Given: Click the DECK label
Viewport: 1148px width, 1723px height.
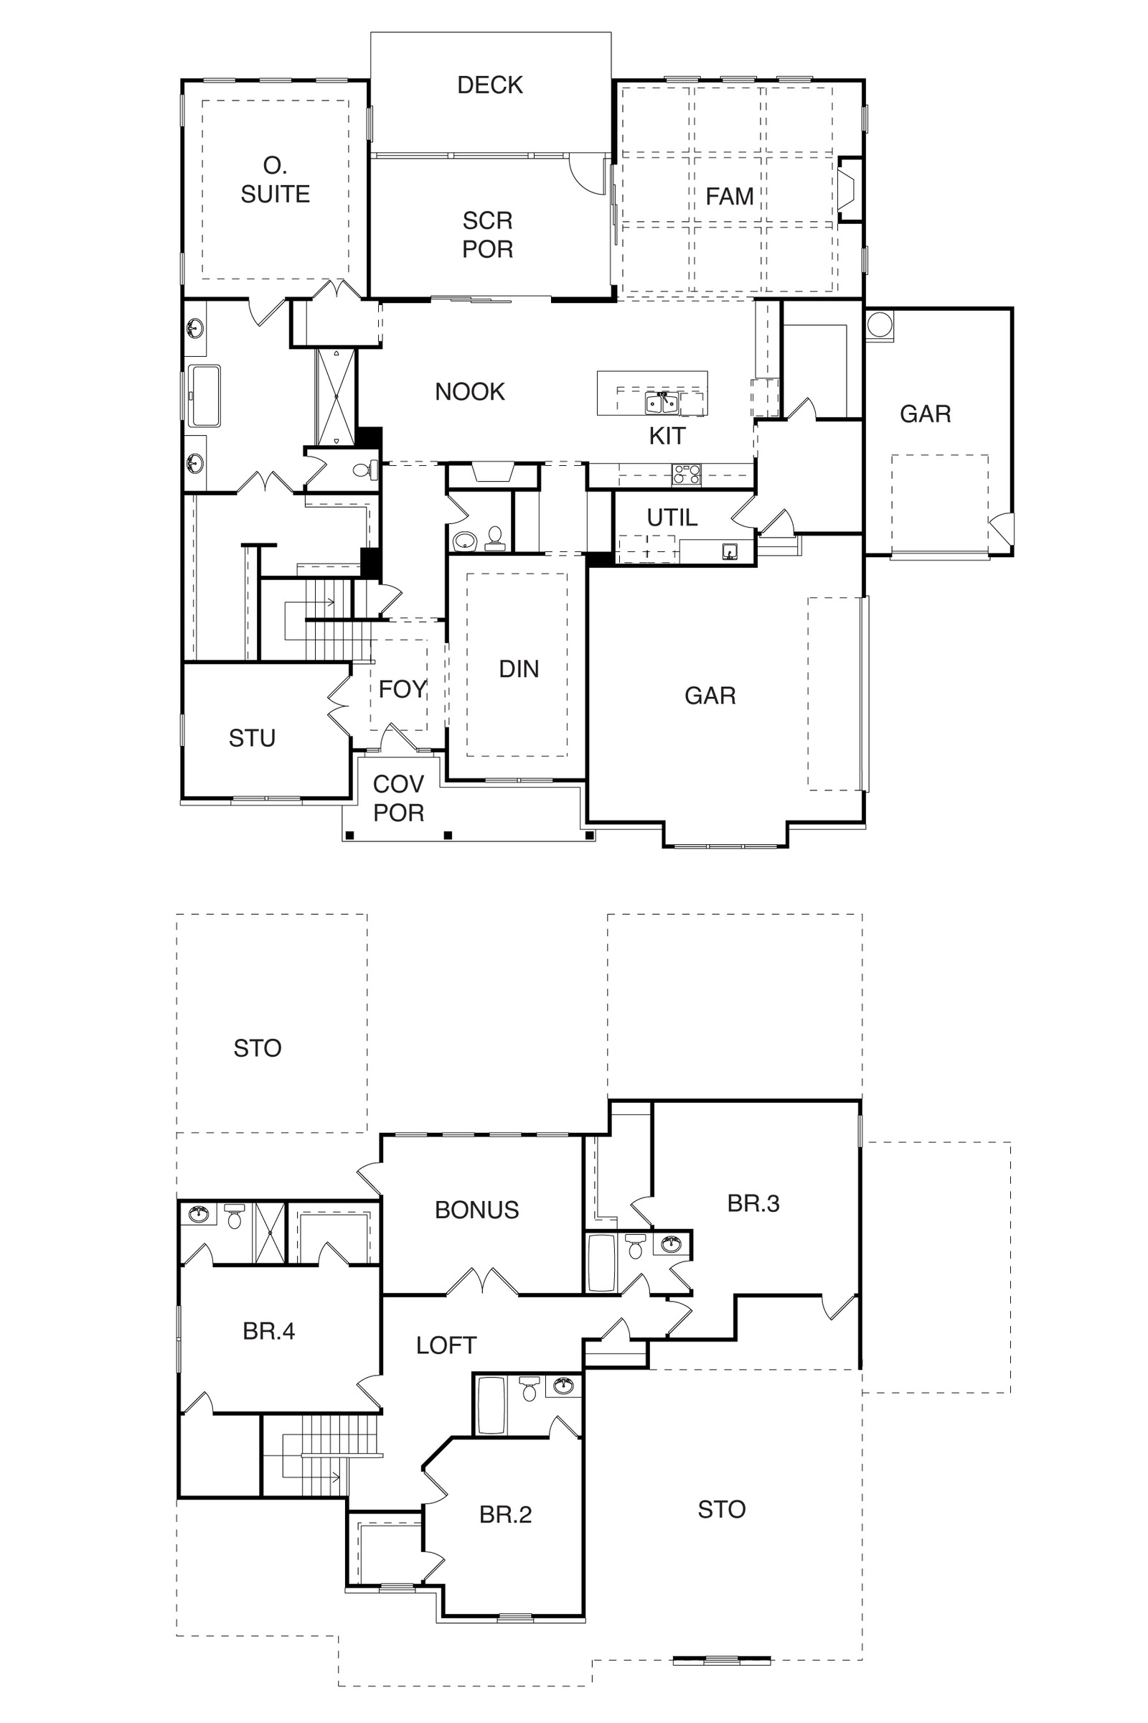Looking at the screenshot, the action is pos(490,85).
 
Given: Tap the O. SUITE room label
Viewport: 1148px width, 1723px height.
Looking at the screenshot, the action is pos(276,180).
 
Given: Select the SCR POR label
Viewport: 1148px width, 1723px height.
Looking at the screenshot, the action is pos(488,235).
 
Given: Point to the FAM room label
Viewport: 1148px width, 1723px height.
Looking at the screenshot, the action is pos(729,196).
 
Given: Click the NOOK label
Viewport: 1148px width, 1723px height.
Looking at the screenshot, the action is pos(470,392).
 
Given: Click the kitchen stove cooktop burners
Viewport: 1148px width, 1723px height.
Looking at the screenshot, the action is pos(687,474).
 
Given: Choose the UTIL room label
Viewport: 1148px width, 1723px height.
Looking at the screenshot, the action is pos(672,518).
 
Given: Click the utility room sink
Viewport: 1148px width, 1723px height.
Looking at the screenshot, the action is pos(729,551).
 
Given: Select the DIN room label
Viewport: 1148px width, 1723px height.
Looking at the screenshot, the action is pos(519,669).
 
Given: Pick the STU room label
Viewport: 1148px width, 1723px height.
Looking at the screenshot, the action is pos(252,739).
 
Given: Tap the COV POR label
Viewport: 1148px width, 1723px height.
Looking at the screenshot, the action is pos(398,798).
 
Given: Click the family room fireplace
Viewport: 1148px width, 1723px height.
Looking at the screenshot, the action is pos(849,189).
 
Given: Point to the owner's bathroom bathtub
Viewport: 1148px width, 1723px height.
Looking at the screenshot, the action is pos(204,396).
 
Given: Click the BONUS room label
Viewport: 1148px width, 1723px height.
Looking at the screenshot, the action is pos(476,1210).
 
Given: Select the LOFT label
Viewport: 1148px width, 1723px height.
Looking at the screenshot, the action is pos(446,1345).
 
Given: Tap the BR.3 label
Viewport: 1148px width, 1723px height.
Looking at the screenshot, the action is pos(753,1203).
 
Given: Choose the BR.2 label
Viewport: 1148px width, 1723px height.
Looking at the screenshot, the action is pos(505,1514).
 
